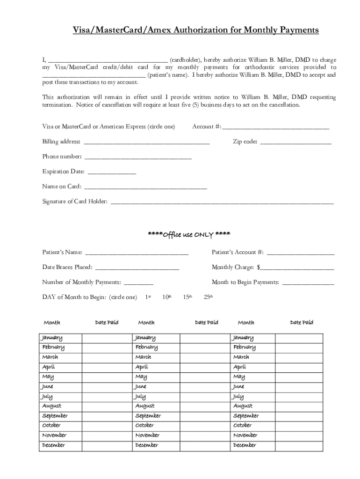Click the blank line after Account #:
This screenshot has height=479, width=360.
click(x=276, y=128)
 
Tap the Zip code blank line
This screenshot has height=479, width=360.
click(x=295, y=143)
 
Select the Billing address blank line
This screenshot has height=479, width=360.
click(x=146, y=143)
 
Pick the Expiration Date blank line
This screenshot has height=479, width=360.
click(x=112, y=173)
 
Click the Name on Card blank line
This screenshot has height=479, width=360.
click(x=145, y=188)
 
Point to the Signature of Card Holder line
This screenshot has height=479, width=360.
click(x=222, y=203)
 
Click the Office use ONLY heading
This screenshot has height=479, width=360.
click(x=189, y=234)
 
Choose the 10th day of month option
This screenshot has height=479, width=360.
click(x=166, y=297)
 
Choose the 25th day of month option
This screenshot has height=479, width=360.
click(x=209, y=297)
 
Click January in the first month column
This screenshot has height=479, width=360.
click(x=52, y=338)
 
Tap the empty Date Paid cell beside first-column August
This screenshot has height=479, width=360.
click(x=107, y=406)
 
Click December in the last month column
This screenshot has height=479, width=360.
click(x=245, y=445)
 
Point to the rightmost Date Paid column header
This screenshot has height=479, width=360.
click(x=302, y=322)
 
